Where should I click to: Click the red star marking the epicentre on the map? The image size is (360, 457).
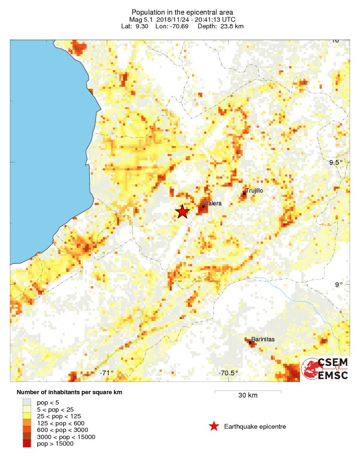point(182,212)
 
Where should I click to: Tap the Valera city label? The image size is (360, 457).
point(213,204)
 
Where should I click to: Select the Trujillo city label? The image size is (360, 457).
point(254,190)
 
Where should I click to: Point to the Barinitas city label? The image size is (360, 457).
point(263,339)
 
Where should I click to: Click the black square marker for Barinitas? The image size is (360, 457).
point(250,342)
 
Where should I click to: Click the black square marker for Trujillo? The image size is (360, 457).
point(244,193)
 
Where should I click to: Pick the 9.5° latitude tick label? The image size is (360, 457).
point(336,162)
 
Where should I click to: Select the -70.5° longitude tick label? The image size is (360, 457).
point(228,373)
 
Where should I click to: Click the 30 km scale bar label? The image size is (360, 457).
point(248,395)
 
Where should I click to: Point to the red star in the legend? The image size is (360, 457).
point(214,426)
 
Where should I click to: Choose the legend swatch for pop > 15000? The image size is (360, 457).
point(27,443)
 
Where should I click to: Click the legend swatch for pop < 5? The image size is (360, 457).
point(27,402)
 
